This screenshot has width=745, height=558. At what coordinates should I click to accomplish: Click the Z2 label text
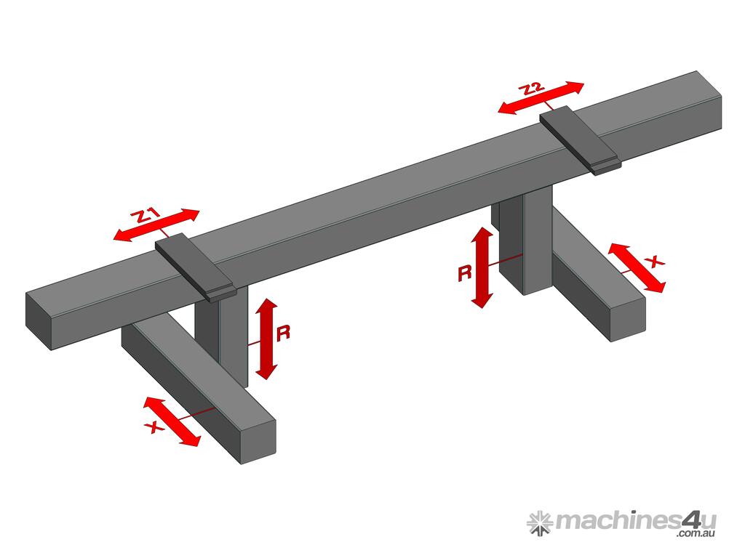tap(531, 89)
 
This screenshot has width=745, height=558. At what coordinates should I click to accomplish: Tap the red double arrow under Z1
tap(156, 225)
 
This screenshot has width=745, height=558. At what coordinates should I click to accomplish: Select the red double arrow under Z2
tap(541, 98)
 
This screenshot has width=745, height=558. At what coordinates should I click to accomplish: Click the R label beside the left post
tap(283, 333)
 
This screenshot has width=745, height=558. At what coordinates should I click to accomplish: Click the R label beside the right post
tap(465, 274)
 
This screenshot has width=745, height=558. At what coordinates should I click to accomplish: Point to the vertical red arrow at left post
tap(267, 339)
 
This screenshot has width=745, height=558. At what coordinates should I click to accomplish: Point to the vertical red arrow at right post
tap(482, 267)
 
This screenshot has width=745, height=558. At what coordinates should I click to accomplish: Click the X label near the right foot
tap(656, 262)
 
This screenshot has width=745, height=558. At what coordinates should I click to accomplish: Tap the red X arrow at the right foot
tap(637, 268)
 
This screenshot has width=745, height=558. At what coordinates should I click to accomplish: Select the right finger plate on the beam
tap(580, 140)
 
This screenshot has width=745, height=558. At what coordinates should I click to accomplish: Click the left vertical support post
tap(221, 332)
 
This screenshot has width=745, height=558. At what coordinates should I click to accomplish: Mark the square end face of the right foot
tap(628, 320)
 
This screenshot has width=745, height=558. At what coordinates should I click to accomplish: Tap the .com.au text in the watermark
tap(696, 533)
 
